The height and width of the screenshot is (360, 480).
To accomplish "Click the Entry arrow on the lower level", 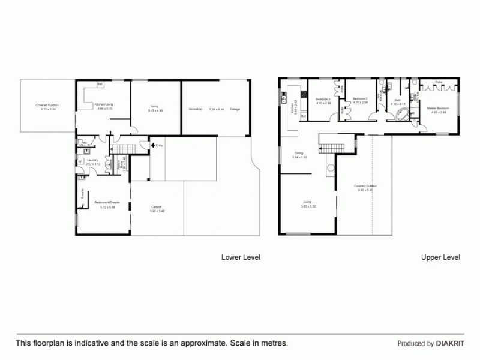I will click(154, 145).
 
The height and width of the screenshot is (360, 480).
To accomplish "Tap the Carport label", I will click(156, 207).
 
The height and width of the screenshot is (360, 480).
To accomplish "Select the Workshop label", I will click(195, 109).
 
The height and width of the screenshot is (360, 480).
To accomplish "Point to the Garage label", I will click(235, 109).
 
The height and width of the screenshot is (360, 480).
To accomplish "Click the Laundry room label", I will click(92, 160).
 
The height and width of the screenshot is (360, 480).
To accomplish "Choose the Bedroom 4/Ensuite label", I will click(107, 202).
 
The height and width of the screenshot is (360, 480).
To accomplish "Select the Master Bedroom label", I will click(436, 109).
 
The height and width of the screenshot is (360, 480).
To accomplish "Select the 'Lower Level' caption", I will click(241, 257).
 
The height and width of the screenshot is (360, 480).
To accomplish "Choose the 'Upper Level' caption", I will click(440, 257).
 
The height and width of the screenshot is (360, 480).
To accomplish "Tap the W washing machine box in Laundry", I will click(80, 160).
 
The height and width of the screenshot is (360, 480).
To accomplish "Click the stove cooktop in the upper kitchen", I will click(304, 94).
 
